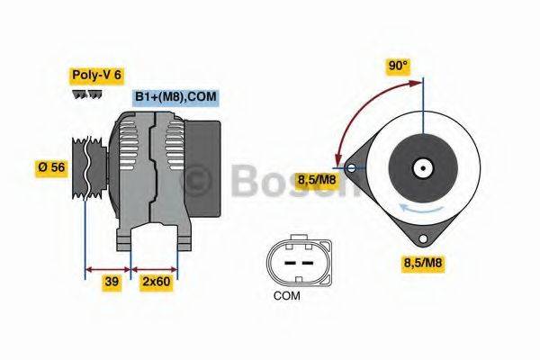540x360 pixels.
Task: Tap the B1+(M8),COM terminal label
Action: [176, 97]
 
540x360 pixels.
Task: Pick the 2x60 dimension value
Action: [156, 282]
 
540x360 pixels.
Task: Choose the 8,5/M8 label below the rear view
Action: [422, 263]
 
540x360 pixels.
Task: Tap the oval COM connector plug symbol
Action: [290, 261]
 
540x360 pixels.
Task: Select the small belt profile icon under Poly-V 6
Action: [87, 94]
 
